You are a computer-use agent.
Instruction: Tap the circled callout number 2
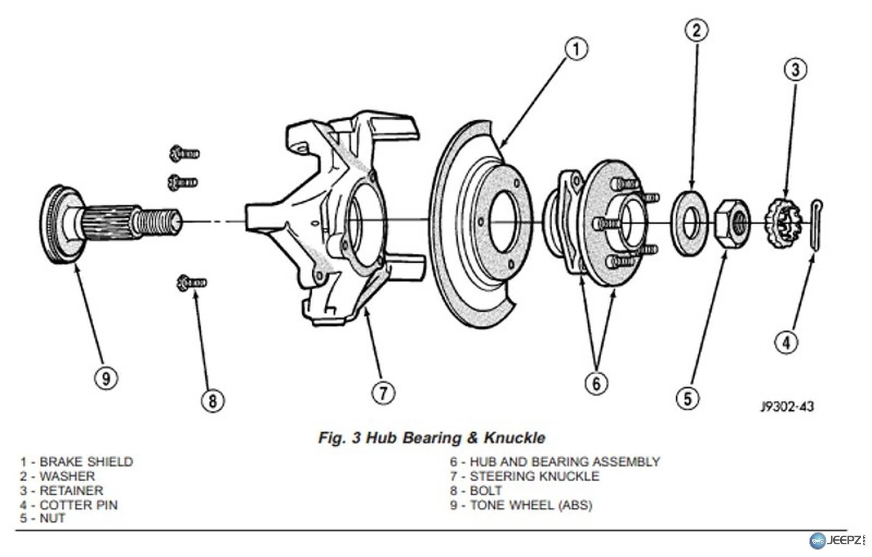tap(696, 30)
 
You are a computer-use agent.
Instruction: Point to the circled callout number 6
tap(596, 383)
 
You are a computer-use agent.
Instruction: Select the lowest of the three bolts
tap(191, 283)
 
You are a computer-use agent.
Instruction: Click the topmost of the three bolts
tap(184, 154)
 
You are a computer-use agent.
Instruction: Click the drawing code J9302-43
tap(787, 407)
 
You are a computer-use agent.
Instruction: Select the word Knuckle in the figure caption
tap(514, 437)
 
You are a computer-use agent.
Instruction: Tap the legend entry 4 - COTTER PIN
tap(69, 505)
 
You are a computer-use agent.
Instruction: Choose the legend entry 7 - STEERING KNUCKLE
tap(525, 476)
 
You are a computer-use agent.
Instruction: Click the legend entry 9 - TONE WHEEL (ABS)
tap(521, 505)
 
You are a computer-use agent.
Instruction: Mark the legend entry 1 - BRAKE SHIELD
tap(77, 461)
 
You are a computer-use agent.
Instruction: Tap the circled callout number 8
tap(212, 400)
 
